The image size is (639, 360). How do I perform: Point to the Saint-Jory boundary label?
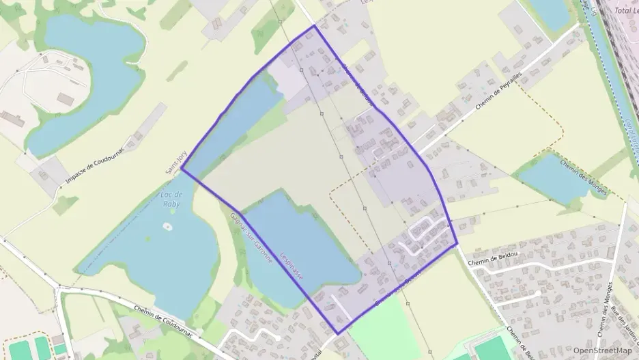[x=174, y=163]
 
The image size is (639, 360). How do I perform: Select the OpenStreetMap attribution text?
[x=603, y=350]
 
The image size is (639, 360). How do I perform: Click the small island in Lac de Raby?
[x=167, y=225]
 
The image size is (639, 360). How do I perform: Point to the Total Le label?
[x=625, y=10]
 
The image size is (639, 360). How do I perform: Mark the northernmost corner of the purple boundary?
[x=314, y=26]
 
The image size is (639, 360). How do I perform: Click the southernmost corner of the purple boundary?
[x=338, y=333]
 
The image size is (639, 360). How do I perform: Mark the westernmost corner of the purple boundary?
[x=182, y=168]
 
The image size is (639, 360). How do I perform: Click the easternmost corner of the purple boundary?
[x=456, y=243]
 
